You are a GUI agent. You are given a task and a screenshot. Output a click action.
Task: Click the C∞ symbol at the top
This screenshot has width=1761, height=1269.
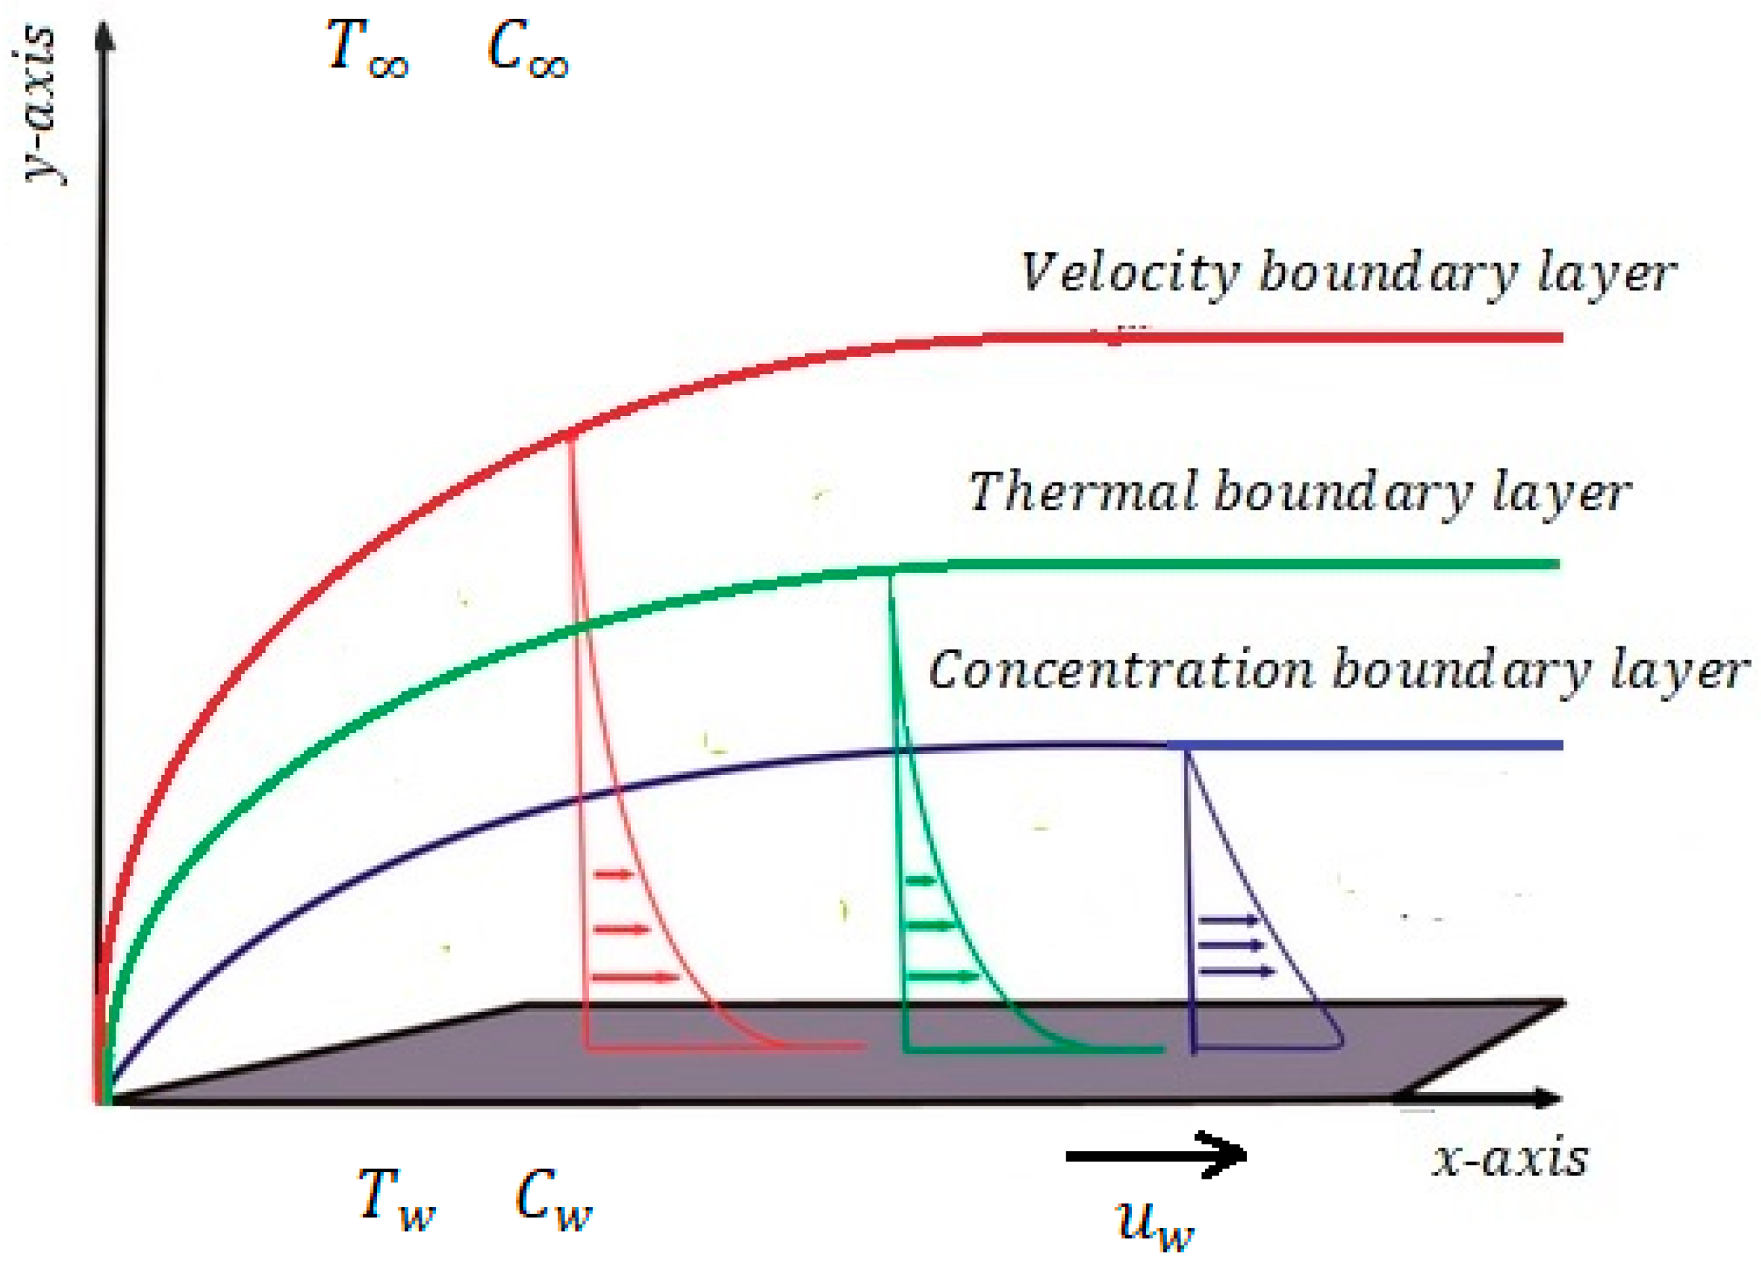click(x=527, y=48)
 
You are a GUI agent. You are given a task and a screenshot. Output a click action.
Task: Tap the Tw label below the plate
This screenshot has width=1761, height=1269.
click(x=395, y=1200)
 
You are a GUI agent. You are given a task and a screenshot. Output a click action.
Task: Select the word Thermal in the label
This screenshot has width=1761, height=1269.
click(x=1082, y=493)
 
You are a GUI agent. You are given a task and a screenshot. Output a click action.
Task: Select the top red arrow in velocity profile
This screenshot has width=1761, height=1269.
click(x=614, y=875)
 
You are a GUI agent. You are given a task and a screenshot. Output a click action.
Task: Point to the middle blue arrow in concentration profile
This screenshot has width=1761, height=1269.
click(x=1231, y=945)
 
